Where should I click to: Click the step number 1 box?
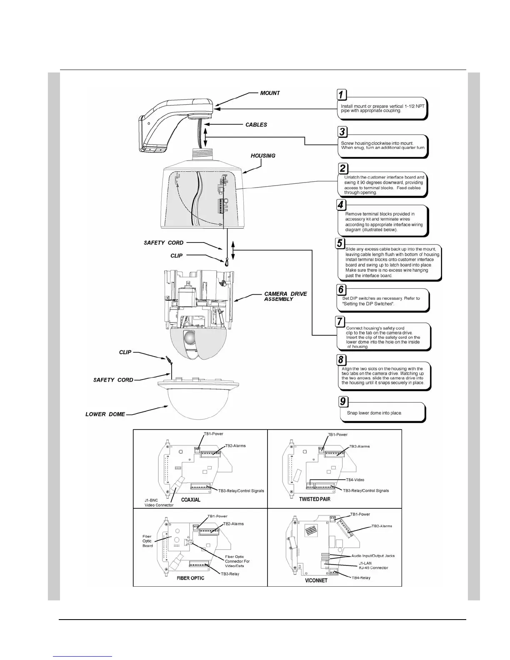[341, 95]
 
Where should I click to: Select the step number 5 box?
[340, 243]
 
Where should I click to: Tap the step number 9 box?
[343, 401]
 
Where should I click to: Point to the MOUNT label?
[270, 93]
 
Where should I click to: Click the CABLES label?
[256, 125]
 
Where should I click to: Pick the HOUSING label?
[263, 156]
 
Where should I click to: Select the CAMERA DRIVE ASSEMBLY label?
[285, 296]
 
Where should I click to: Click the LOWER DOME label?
[105, 414]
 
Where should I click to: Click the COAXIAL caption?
[190, 500]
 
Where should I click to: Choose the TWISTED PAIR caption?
[315, 499]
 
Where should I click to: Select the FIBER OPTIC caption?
[190, 578]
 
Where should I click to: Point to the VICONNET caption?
[316, 580]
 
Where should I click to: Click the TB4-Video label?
[355, 480]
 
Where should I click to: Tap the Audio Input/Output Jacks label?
[372, 556]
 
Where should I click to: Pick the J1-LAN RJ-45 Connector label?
[373, 565]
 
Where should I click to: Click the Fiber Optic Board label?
[147, 541]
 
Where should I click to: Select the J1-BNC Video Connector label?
[159, 502]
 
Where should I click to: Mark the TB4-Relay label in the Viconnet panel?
[361, 578]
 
